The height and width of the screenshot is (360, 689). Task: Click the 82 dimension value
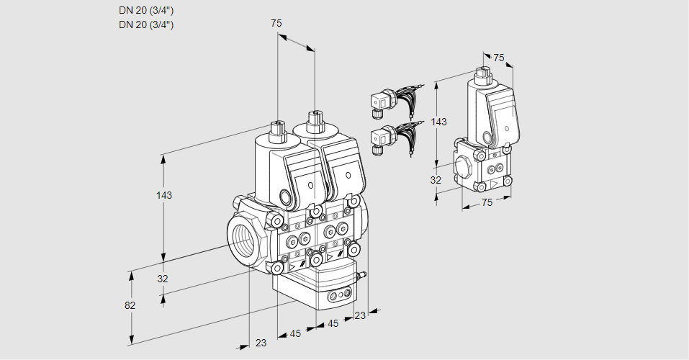[x=130, y=305]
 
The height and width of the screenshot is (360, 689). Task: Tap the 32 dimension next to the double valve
[x=163, y=279]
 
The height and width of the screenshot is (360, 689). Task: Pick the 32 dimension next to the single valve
[x=436, y=180]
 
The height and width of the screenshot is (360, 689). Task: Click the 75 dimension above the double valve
[x=276, y=23]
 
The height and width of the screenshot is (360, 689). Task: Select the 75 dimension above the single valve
[x=499, y=58]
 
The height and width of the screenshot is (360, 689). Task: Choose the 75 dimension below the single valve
[x=487, y=203]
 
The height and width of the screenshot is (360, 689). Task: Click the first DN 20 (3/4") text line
[x=146, y=10]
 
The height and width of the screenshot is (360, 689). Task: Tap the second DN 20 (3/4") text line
[x=146, y=24]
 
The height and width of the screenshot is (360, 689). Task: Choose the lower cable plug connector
[x=379, y=138]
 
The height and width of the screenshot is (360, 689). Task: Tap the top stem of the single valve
[x=483, y=73]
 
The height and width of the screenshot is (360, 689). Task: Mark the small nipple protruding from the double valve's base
[x=362, y=274]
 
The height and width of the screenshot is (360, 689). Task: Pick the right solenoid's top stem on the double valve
[x=313, y=120]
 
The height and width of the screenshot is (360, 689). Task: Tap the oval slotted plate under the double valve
[x=338, y=294]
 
